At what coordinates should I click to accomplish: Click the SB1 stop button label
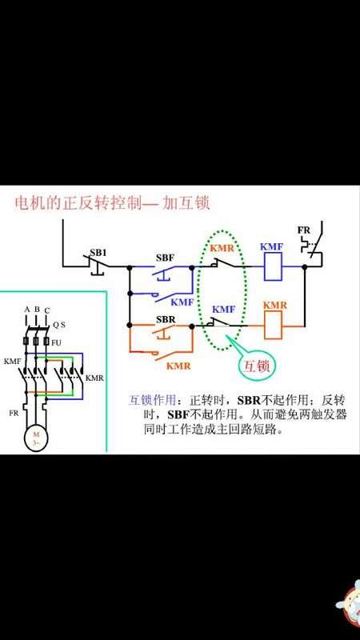pyautogui.click(x=98, y=253)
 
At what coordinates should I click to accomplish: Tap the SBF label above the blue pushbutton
pyautogui.click(x=165, y=258)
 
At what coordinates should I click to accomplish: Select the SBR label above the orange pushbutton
pyautogui.click(x=166, y=319)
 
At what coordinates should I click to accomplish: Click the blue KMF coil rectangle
pyautogui.click(x=273, y=266)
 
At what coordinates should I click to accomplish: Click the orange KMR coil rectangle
pyautogui.click(x=273, y=326)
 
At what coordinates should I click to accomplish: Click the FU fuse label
pyautogui.click(x=56, y=342)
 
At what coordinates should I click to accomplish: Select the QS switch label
pyautogui.click(x=58, y=326)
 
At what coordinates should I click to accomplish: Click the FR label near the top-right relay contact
pyautogui.click(x=304, y=230)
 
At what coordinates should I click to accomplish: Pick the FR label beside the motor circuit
pyautogui.click(x=14, y=413)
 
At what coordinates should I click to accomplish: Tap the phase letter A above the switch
pyautogui.click(x=27, y=310)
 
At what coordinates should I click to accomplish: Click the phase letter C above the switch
pyautogui.click(x=47, y=311)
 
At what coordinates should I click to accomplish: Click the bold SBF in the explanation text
pyautogui.click(x=178, y=414)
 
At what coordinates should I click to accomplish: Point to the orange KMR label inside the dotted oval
pyautogui.click(x=222, y=248)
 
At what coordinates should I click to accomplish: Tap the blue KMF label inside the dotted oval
pyautogui.click(x=224, y=310)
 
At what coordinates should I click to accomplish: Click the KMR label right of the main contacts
pyautogui.click(x=94, y=378)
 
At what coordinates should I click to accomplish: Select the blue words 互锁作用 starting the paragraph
pyautogui.click(x=153, y=399)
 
